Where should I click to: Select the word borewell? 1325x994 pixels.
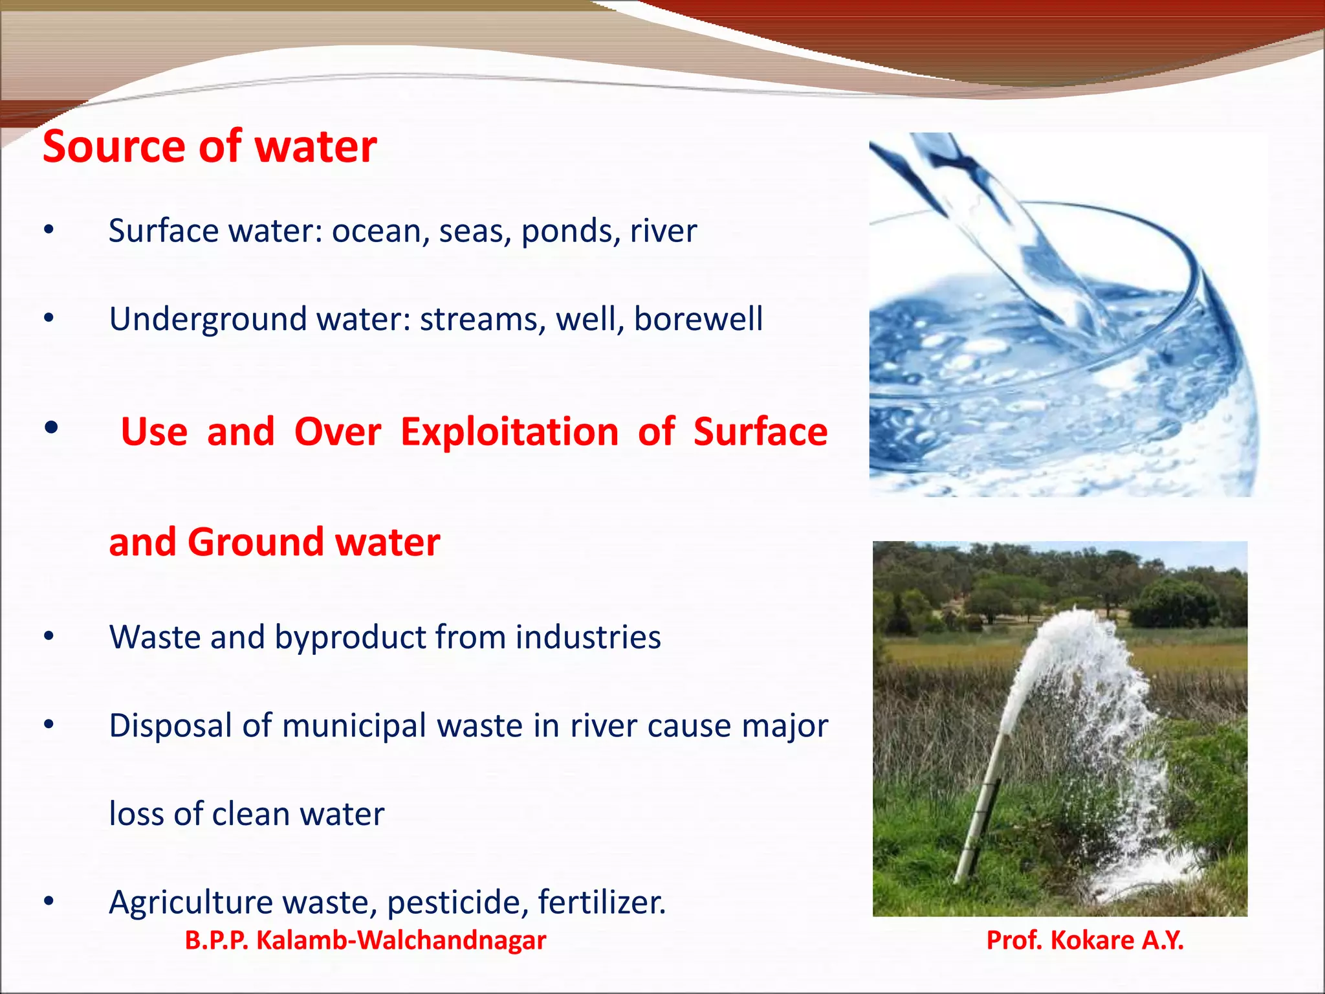point(698,319)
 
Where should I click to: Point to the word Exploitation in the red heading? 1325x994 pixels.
point(509,432)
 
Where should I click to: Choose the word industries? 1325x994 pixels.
point(588,637)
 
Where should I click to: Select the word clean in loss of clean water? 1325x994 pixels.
point(250,814)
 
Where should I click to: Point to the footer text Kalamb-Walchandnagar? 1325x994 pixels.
point(401,940)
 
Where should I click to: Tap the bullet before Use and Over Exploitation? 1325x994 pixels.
point(52,428)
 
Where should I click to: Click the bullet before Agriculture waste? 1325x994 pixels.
point(49,901)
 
